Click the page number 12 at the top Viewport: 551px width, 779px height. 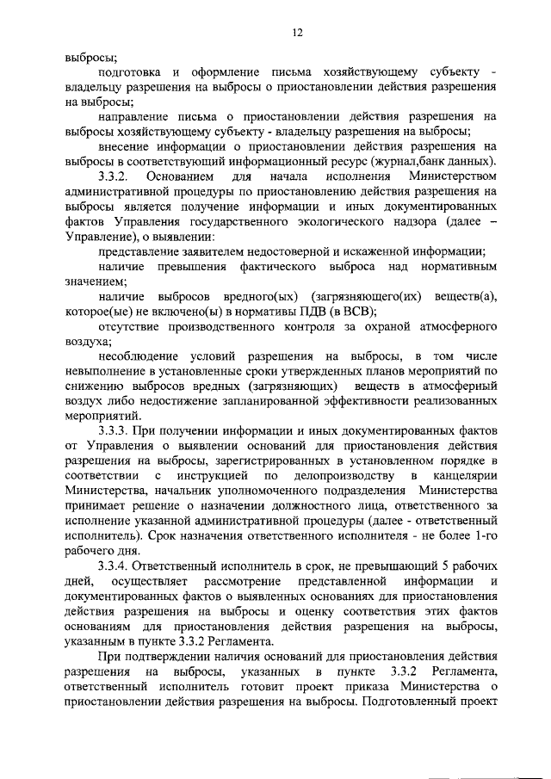tap(297, 32)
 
